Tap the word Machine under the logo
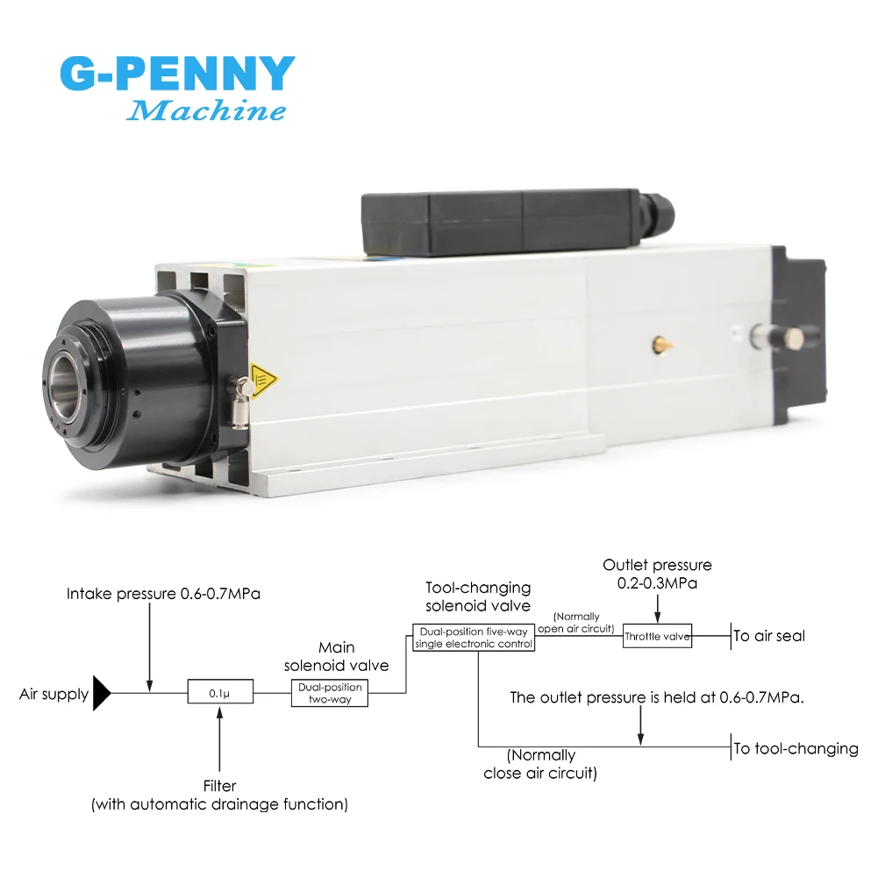[x=206, y=111]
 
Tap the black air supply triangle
[x=102, y=694]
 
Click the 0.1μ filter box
[x=219, y=692]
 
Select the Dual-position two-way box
[x=330, y=692]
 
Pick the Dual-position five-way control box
[x=474, y=638]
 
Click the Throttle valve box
[x=657, y=636]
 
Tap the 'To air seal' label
[x=769, y=636]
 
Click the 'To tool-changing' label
[x=796, y=748]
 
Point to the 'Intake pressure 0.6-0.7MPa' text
[x=163, y=594]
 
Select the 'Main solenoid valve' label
[x=337, y=657]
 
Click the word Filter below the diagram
[x=219, y=786]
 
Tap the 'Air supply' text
[x=54, y=695]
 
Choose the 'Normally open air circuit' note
[x=577, y=622]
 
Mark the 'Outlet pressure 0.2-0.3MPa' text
[x=657, y=574]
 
